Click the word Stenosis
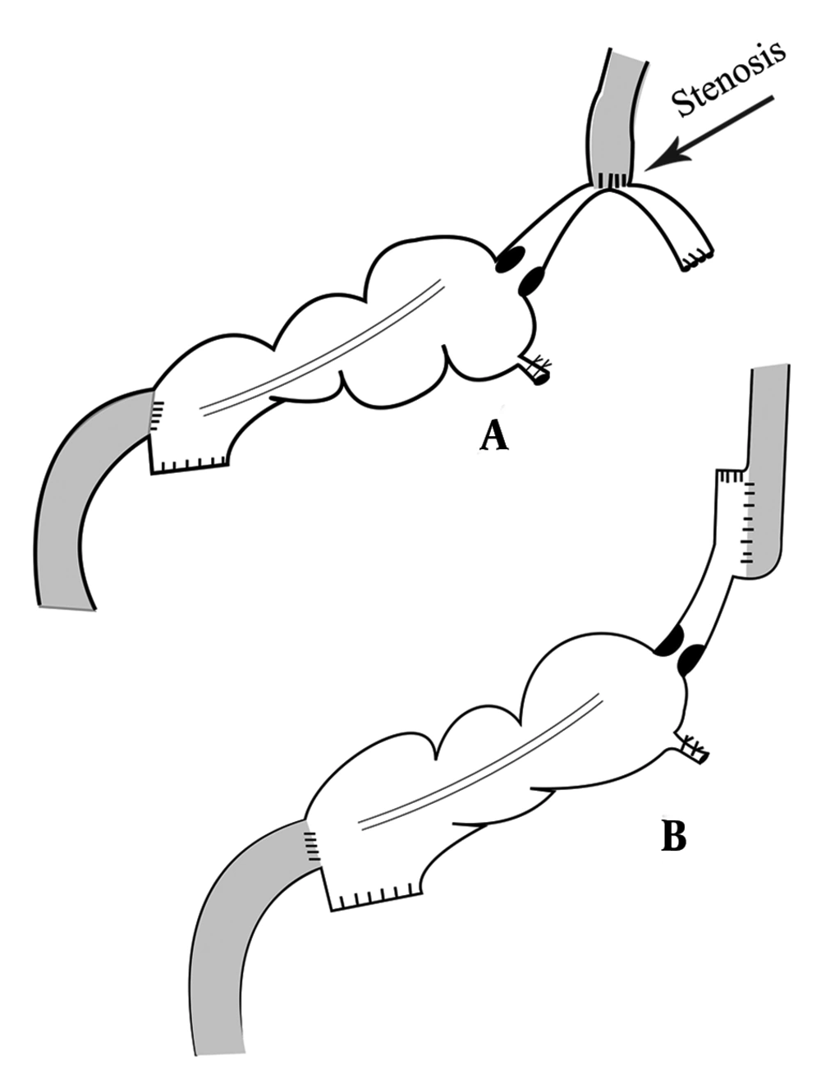728,80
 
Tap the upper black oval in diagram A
511,259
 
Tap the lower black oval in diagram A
530,282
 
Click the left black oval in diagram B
670,641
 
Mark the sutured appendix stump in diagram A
535,370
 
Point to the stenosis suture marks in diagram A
612,180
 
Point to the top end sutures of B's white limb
730,476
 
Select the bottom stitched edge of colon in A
190,466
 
